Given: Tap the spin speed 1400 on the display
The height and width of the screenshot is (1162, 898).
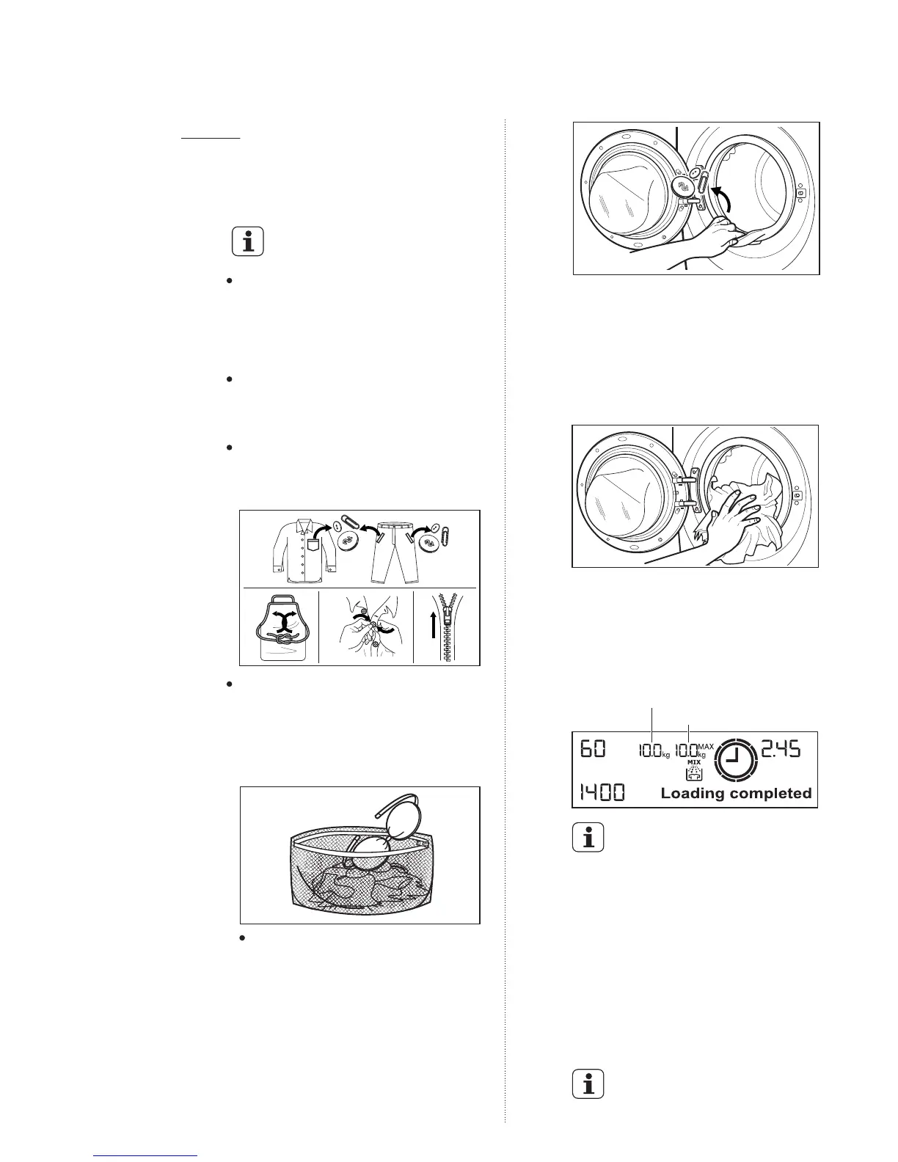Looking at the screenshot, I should (x=603, y=792).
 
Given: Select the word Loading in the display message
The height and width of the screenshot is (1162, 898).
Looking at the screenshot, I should (x=693, y=793).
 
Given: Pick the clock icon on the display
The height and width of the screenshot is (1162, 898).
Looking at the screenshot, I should (x=739, y=759).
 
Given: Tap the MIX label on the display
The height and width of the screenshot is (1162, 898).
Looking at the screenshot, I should (x=694, y=762).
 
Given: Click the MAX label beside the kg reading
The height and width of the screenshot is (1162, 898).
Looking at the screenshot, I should (x=706, y=747).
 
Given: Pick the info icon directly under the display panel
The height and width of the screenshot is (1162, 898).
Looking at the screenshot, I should (x=588, y=838).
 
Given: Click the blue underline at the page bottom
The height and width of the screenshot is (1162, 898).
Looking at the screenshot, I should (x=146, y=1156).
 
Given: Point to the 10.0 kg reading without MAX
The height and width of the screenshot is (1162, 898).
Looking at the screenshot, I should (x=649, y=752).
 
